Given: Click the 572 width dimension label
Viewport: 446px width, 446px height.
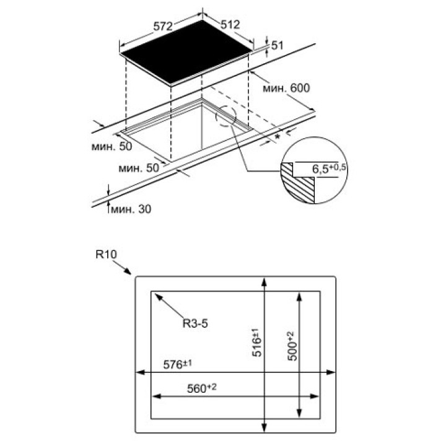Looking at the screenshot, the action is coord(163,27).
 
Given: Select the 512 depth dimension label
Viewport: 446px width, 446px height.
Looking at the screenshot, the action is coord(230,24).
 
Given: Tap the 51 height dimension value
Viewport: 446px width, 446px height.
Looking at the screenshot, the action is coord(278,45).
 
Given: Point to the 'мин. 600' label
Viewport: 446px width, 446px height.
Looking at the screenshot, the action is coord(286,88).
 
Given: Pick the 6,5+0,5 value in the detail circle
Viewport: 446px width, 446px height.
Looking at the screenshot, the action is coord(329,168).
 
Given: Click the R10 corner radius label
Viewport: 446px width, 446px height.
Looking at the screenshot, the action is coord(106,254).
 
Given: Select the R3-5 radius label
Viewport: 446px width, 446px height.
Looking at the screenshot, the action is coord(195,323).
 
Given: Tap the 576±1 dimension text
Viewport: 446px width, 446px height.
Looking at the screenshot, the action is coord(178,364).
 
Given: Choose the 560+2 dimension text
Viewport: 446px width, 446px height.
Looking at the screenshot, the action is coord(202,388).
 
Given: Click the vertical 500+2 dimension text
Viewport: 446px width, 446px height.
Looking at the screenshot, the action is coord(292,346).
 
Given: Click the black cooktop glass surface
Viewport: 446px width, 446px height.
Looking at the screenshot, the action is coord(186,53).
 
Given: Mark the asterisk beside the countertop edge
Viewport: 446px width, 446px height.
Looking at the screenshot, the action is coord(278,137).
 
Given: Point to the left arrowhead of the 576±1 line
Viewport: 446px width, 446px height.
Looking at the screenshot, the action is coord(141,372).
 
